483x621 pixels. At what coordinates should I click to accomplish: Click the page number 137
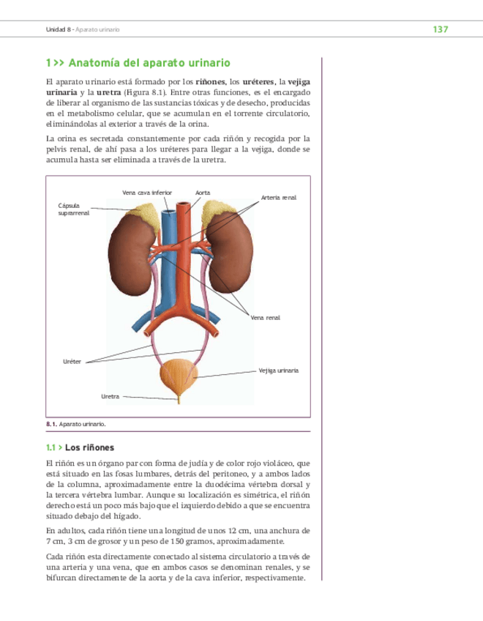(x=440, y=29)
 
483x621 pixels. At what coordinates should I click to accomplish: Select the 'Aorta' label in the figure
(x=203, y=193)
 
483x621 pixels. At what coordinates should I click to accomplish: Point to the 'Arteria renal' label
(x=278, y=198)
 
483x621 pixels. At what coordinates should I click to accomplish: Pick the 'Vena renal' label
(x=266, y=318)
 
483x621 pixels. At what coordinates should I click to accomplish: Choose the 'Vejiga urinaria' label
(x=279, y=371)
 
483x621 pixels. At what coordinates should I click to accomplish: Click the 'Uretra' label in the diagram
(x=110, y=396)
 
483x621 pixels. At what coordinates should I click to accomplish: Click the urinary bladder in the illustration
(x=178, y=376)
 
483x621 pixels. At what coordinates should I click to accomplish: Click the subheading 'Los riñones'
(x=89, y=447)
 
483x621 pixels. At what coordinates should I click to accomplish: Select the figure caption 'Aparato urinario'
(x=83, y=424)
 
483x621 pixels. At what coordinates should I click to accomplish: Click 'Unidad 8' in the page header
(x=59, y=29)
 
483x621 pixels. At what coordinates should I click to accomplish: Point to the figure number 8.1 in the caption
(x=51, y=424)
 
